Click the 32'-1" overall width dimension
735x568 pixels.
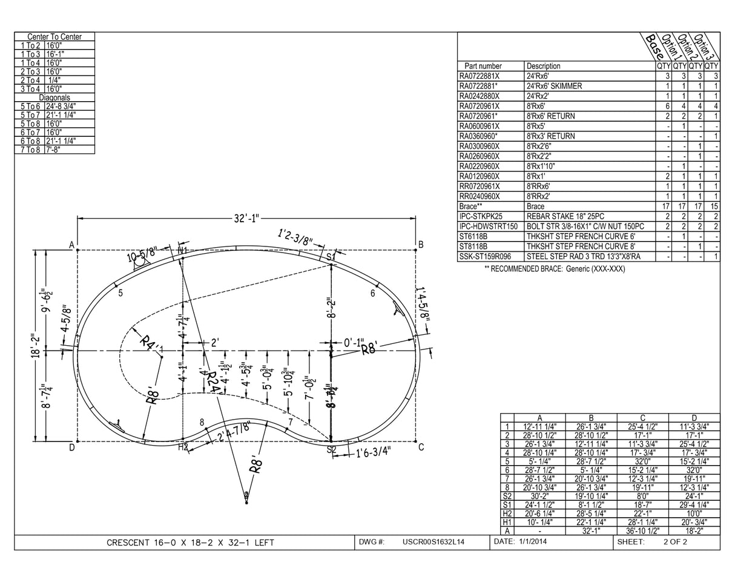point(247,219)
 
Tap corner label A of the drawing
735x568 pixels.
point(71,245)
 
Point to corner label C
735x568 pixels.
point(421,447)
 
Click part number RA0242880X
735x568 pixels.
point(479,96)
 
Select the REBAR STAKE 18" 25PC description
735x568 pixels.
point(565,216)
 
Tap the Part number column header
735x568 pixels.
point(483,66)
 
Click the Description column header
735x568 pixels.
point(543,66)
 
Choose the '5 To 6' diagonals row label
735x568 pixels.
point(30,106)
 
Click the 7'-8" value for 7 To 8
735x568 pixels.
point(54,150)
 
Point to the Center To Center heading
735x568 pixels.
point(54,37)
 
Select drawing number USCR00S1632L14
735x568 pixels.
point(433,542)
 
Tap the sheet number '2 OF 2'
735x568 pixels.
point(675,542)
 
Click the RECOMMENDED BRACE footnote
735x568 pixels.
point(555,269)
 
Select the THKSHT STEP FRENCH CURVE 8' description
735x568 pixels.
point(581,246)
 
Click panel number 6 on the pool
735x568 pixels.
point(373,293)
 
